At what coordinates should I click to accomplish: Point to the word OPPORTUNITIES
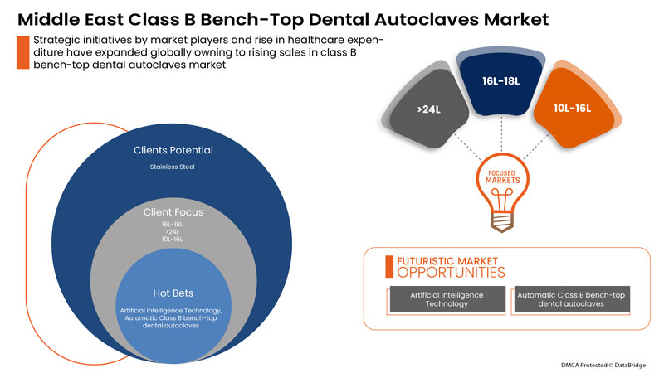450,272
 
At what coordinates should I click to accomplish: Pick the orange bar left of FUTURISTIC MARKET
388,265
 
